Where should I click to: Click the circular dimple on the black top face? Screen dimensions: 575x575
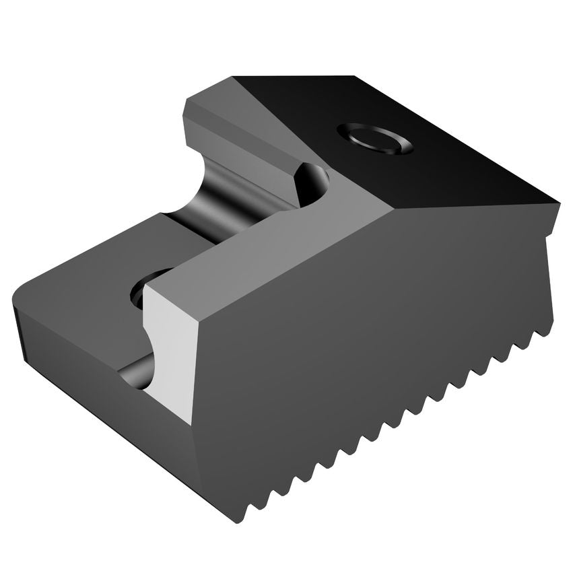click(374, 139)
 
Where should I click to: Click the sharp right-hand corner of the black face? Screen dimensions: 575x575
click(557, 200)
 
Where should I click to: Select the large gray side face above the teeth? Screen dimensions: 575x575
click(377, 323)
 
